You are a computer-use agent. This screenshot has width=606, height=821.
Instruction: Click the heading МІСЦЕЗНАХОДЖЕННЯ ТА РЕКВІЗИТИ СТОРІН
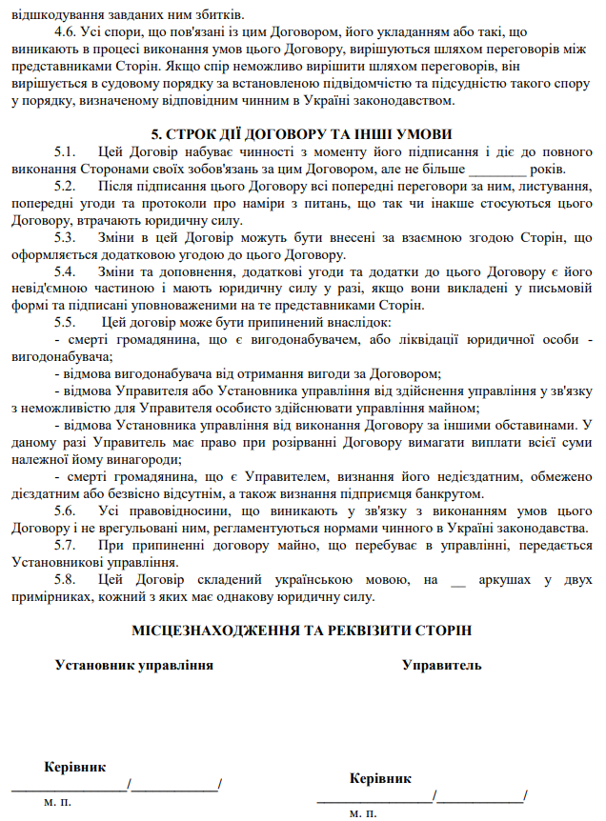coord(302,631)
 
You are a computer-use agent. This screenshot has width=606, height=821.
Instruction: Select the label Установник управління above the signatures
coord(133,665)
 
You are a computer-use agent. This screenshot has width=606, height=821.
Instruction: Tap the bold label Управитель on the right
coord(441,665)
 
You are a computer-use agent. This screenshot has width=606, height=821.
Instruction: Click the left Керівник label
coord(75,767)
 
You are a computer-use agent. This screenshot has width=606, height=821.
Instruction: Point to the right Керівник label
coord(380,778)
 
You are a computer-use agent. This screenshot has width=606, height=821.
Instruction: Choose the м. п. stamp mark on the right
coord(363,813)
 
